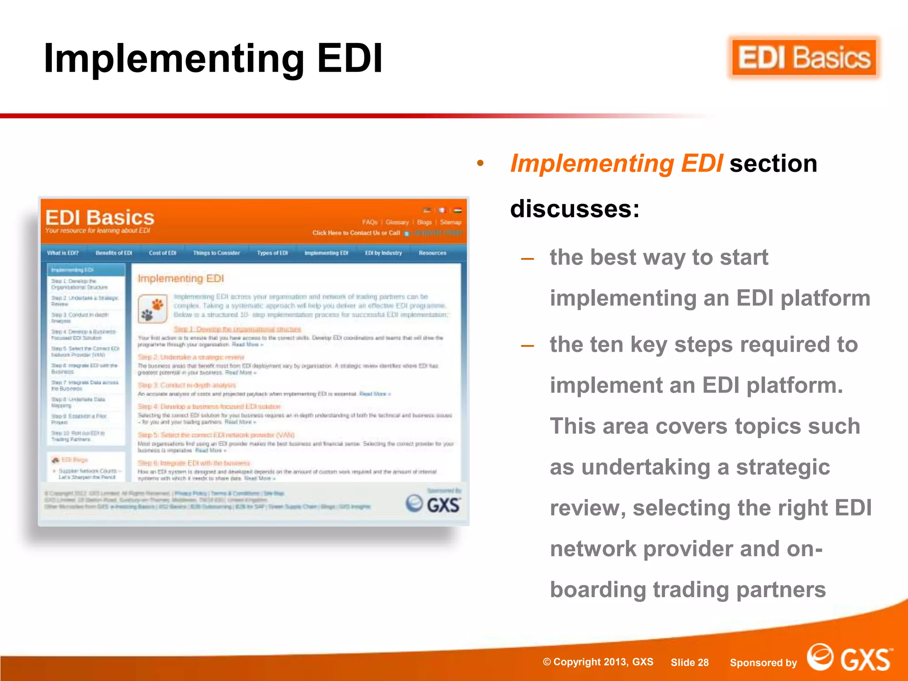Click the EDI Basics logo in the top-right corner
(x=804, y=58)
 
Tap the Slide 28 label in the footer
(x=689, y=662)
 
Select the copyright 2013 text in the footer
(x=598, y=662)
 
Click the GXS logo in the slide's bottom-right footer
(x=849, y=658)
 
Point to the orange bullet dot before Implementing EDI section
(x=480, y=164)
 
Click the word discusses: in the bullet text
(x=575, y=208)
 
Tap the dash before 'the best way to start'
(x=527, y=258)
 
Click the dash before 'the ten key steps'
(x=527, y=345)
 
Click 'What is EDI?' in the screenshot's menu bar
(x=63, y=253)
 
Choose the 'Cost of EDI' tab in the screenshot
(x=162, y=253)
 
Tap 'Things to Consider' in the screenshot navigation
(x=216, y=253)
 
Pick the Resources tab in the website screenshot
(x=432, y=253)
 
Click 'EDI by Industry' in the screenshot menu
(x=384, y=253)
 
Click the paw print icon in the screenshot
(x=153, y=309)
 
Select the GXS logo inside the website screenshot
(x=433, y=504)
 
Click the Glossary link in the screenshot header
(x=397, y=222)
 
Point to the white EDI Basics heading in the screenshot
(x=100, y=218)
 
